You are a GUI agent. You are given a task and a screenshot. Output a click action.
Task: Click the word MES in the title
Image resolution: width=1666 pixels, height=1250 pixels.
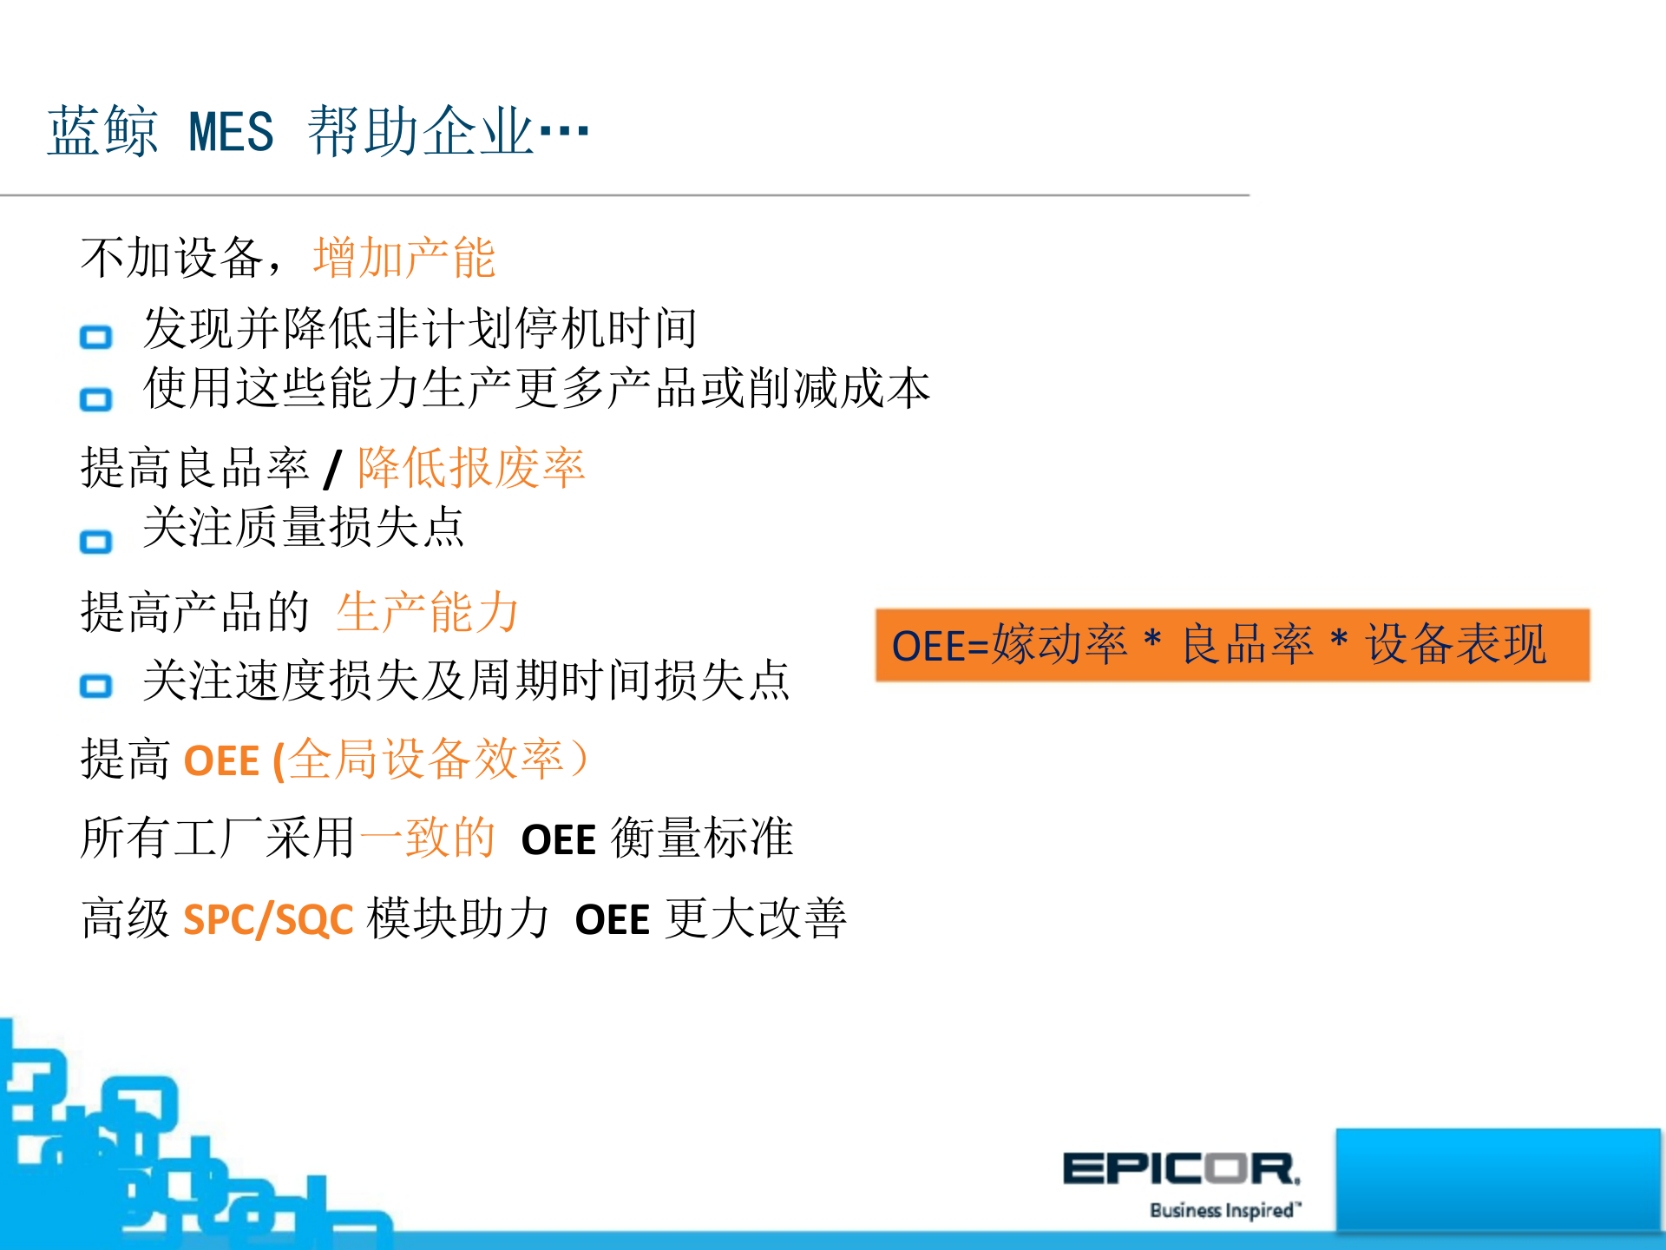(231, 132)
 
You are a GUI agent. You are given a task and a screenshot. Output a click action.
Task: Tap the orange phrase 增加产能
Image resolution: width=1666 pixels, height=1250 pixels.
(404, 258)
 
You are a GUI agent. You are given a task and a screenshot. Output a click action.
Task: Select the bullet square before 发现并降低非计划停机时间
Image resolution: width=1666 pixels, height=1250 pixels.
(96, 337)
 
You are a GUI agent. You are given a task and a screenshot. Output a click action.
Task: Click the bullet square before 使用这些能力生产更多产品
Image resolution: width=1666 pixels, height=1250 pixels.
(96, 399)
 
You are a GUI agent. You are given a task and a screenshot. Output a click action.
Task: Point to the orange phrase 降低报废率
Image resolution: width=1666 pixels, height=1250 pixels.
(472, 468)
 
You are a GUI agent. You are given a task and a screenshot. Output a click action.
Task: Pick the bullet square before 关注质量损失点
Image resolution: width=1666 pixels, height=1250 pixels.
(96, 543)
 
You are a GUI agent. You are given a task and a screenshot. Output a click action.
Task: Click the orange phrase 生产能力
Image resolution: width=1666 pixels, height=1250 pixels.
(428, 612)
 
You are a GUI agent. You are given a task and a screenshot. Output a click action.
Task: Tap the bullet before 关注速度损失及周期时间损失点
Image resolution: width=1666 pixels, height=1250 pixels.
(96, 687)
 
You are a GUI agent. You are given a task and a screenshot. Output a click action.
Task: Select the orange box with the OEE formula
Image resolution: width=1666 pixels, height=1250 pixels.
(1232, 645)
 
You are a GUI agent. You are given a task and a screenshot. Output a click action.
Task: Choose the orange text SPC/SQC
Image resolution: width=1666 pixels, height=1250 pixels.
(268, 919)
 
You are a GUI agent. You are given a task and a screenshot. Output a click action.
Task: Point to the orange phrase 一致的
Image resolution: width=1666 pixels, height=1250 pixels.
(427, 839)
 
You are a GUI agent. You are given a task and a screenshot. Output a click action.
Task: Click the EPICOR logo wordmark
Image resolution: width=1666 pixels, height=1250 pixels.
(1181, 1168)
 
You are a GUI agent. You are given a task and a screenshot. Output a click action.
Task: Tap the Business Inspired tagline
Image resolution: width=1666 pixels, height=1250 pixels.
(1224, 1210)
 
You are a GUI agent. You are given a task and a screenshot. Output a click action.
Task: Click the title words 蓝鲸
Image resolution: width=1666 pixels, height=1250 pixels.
(102, 132)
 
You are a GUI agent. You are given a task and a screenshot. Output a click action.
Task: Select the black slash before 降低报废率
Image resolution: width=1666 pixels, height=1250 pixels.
(333, 469)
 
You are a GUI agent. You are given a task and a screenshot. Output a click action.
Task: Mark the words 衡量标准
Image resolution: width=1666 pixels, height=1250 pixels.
(702, 839)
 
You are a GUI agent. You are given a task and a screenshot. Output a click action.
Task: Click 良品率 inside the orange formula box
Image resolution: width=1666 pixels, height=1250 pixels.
(1248, 645)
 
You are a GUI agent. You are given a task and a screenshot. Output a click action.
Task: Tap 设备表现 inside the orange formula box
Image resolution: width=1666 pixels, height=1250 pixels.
(1455, 645)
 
